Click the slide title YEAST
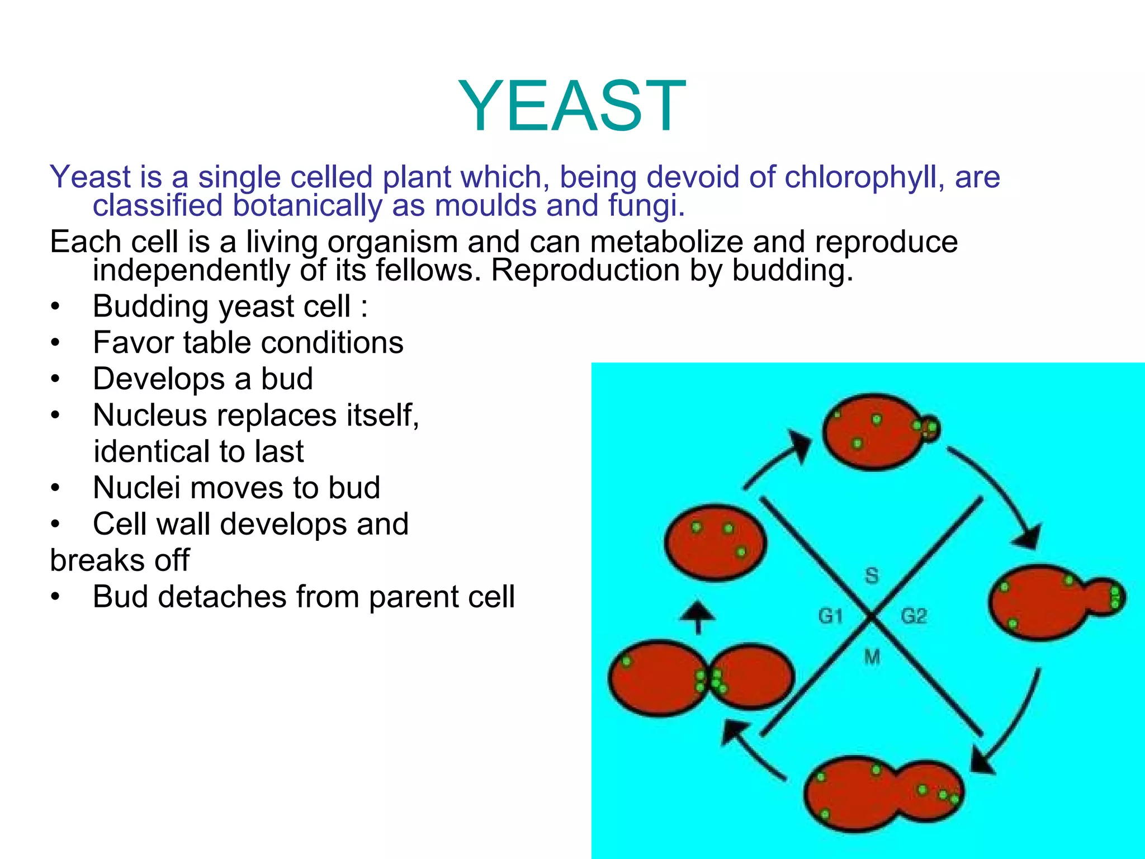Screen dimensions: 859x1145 coord(572,106)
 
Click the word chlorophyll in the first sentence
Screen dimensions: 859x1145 coord(863,177)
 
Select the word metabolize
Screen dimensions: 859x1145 coord(666,242)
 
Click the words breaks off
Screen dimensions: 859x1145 coord(120,560)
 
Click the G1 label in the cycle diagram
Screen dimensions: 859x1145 coord(830,616)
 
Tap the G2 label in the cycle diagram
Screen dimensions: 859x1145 coord(914,616)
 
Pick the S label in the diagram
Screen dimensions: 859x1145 coord(872,575)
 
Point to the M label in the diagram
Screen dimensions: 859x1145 coord(872,657)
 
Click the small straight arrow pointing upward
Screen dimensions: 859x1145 coord(697,616)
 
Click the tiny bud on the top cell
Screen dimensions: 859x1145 coord(930,429)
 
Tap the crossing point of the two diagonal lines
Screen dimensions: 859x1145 coord(871,616)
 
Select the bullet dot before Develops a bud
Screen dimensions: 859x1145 coord(54,380)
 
